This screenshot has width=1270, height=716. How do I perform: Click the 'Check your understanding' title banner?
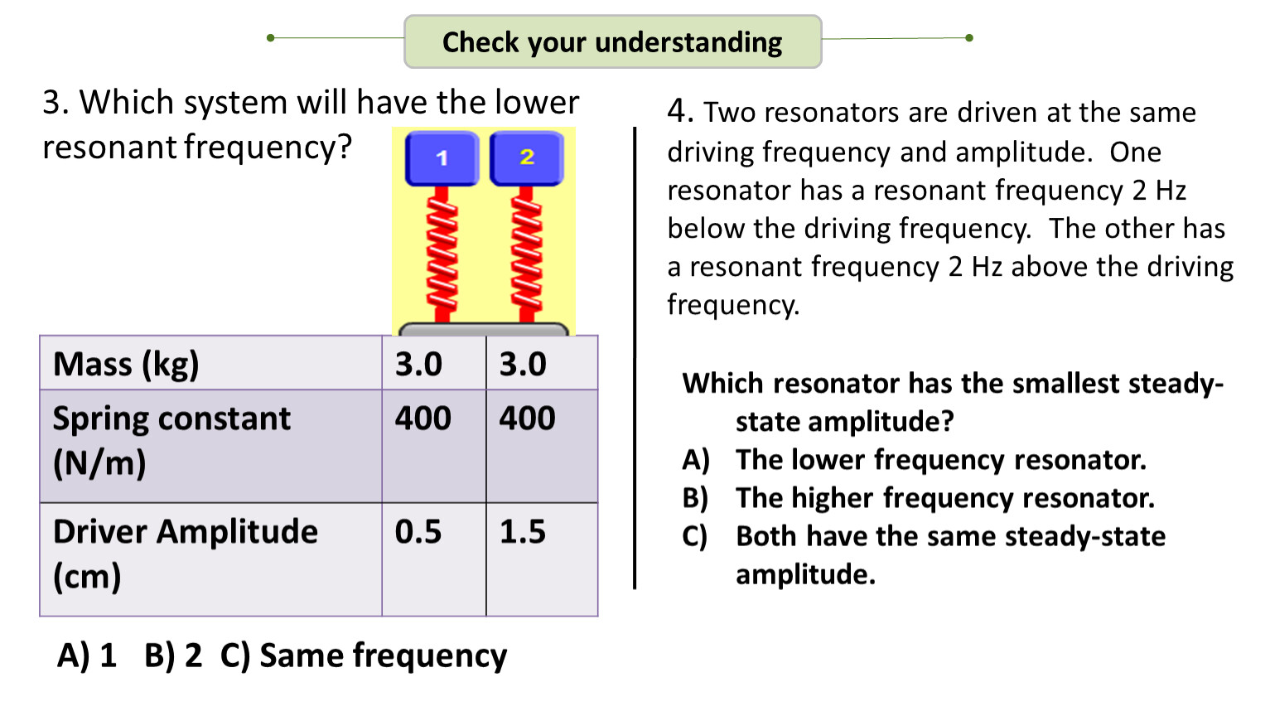[612, 41]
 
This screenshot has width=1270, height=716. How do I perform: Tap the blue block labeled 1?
[442, 157]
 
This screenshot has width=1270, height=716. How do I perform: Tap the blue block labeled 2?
[527, 157]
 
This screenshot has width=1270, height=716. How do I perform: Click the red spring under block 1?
[442, 253]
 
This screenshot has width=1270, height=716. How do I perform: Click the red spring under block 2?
[527, 253]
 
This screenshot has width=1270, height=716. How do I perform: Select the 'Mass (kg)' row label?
[126, 364]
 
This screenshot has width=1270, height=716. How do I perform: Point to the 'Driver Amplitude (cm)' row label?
[185, 554]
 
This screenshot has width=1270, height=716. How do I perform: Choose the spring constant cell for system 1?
[423, 418]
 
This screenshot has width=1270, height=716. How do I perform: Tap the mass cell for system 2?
[523, 364]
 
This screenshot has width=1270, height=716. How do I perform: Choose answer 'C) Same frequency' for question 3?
[364, 656]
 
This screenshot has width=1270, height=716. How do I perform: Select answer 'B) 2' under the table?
[173, 656]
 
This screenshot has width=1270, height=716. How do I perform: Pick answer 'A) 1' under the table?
[87, 656]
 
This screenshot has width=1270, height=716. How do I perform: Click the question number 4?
[679, 111]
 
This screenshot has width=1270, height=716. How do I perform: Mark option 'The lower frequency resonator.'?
[940, 459]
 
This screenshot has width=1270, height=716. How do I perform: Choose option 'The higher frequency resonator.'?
[944, 497]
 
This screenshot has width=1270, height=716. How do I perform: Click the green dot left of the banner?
[271, 37]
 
